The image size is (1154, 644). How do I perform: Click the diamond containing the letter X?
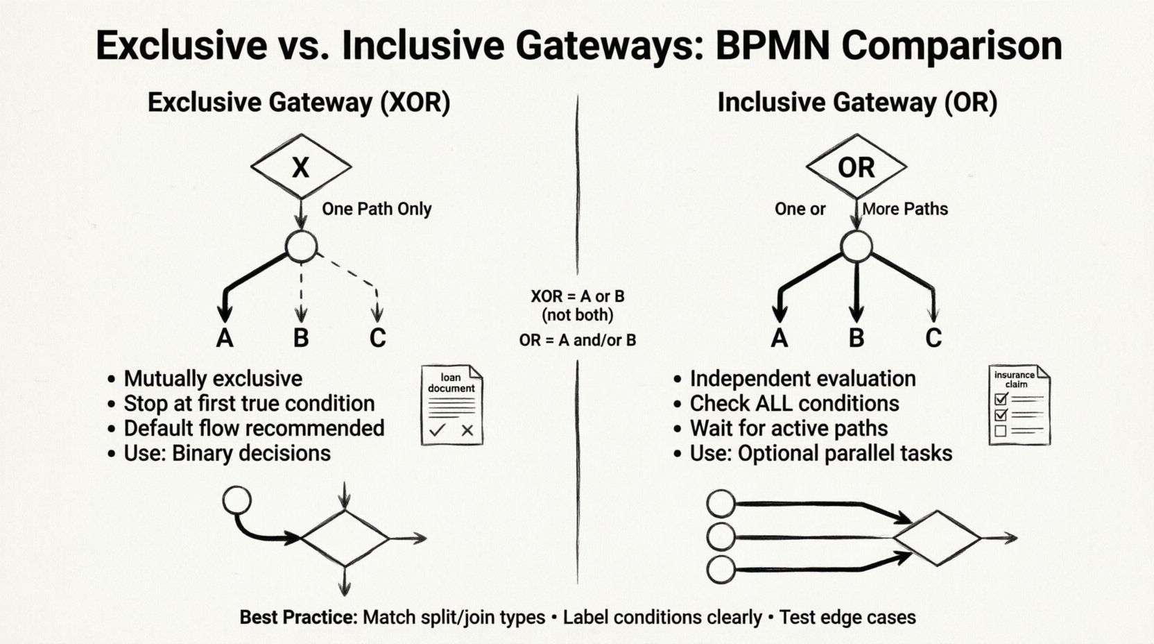300,167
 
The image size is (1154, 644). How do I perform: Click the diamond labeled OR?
856,167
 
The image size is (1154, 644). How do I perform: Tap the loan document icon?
452,405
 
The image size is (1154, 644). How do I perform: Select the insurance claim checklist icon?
1019,405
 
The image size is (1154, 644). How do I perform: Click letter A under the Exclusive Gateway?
224,338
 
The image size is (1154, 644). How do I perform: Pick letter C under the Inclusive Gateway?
933,338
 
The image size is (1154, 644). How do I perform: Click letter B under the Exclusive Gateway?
300,338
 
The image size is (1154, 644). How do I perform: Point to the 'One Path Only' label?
377,209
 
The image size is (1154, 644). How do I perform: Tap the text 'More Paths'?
905,209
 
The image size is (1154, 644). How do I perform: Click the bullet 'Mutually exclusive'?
212,379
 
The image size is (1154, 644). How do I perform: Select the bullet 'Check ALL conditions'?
793,404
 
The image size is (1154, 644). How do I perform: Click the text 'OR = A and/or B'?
577,340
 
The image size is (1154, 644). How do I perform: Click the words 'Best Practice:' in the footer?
298,617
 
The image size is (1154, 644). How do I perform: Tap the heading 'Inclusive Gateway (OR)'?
857,103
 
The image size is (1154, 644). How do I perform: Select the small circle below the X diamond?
302,246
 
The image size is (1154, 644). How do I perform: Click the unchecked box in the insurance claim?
1000,431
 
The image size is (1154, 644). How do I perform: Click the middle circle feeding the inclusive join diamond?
721,536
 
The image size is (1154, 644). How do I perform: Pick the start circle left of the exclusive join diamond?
237,500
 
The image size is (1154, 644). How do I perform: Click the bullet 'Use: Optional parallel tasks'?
820,454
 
